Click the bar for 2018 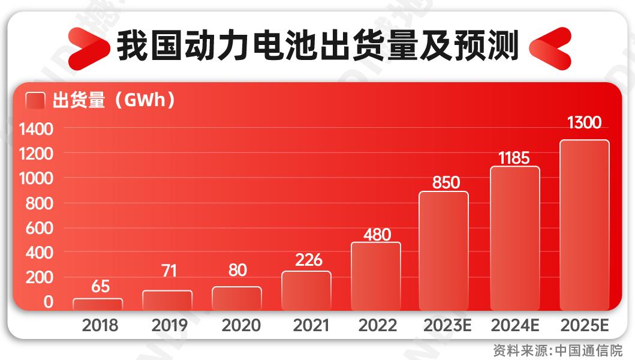click(x=98, y=304)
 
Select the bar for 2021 click(x=306, y=290)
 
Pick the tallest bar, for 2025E click(x=584, y=225)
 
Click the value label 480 click(x=377, y=234)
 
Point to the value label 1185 click(x=514, y=158)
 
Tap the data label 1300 click(x=583, y=123)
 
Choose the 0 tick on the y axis click(x=49, y=302)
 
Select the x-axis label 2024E click(x=515, y=326)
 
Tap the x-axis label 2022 click(x=377, y=326)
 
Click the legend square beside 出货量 click(x=36, y=101)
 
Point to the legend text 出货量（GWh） click(x=115, y=101)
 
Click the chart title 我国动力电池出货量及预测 click(x=317, y=46)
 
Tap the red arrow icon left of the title click(x=89, y=47)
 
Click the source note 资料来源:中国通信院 click(x=558, y=350)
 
